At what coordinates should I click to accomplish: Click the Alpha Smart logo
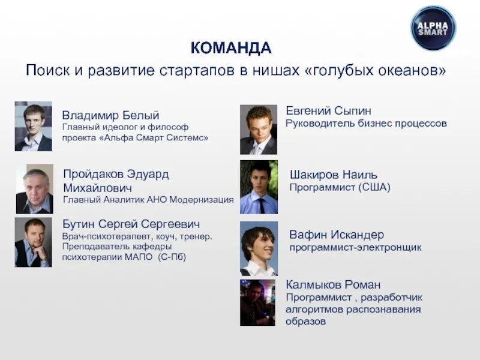(433, 28)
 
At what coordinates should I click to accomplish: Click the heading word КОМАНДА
(231, 48)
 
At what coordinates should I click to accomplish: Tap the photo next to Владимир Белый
(33, 126)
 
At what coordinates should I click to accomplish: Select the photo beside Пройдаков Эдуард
(34, 189)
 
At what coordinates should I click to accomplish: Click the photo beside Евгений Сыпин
(258, 130)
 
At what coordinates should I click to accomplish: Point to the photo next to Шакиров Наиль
(259, 187)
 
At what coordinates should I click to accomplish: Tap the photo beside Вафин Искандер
(259, 248)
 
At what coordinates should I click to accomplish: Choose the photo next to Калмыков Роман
(257, 302)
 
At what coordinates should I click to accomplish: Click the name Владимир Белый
(110, 115)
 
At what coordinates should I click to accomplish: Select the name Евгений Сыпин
(328, 111)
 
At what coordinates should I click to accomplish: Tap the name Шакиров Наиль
(333, 175)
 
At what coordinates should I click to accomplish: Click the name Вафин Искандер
(336, 235)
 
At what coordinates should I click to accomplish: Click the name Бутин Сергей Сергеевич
(131, 224)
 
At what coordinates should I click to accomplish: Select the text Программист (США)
(340, 188)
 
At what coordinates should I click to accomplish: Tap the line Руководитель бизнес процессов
(366, 124)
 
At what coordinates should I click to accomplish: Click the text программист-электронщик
(355, 247)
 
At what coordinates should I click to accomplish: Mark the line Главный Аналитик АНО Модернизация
(148, 200)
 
